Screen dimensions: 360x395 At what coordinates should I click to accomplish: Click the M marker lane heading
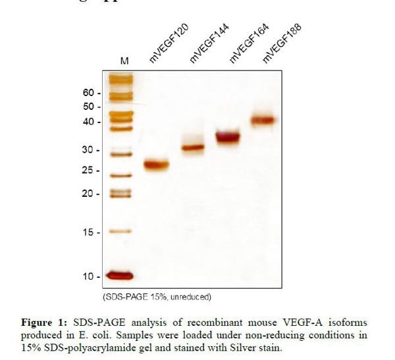coord(124,61)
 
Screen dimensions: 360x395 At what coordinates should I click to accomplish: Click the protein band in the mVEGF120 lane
coord(157,165)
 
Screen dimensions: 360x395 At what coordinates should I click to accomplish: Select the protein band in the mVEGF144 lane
coord(194,148)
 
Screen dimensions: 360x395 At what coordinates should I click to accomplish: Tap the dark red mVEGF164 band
coord(228,137)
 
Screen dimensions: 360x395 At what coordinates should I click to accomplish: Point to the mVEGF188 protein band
coord(263,120)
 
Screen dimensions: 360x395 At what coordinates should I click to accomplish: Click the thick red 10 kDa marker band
coord(120,276)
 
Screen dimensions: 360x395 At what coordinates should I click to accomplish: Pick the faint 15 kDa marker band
coord(120,232)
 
